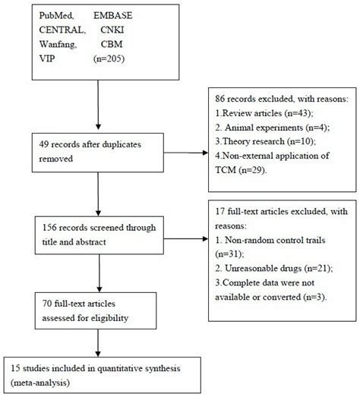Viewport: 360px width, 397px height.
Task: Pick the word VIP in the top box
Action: pyautogui.click(x=27, y=58)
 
